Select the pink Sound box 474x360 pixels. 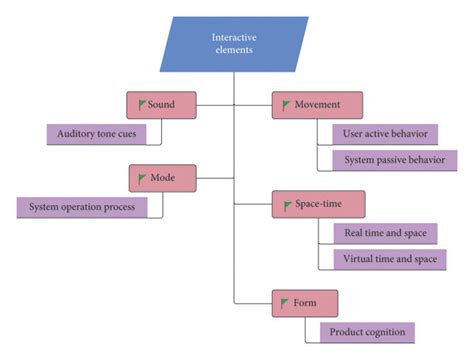click(x=161, y=104)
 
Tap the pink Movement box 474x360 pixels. click(x=316, y=104)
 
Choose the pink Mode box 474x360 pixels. click(x=161, y=178)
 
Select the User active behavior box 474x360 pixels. click(x=393, y=133)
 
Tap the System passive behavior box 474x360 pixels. click(x=393, y=160)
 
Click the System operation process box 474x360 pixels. click(x=81, y=207)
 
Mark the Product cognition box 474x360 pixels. click(x=366, y=331)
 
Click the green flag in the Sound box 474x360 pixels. click(x=142, y=104)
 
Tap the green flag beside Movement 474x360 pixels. click(x=287, y=104)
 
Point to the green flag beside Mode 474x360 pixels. click(x=144, y=178)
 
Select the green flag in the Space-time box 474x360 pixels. click(x=287, y=204)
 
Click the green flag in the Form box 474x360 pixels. click(x=287, y=301)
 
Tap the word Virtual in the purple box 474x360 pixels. click(x=360, y=259)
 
